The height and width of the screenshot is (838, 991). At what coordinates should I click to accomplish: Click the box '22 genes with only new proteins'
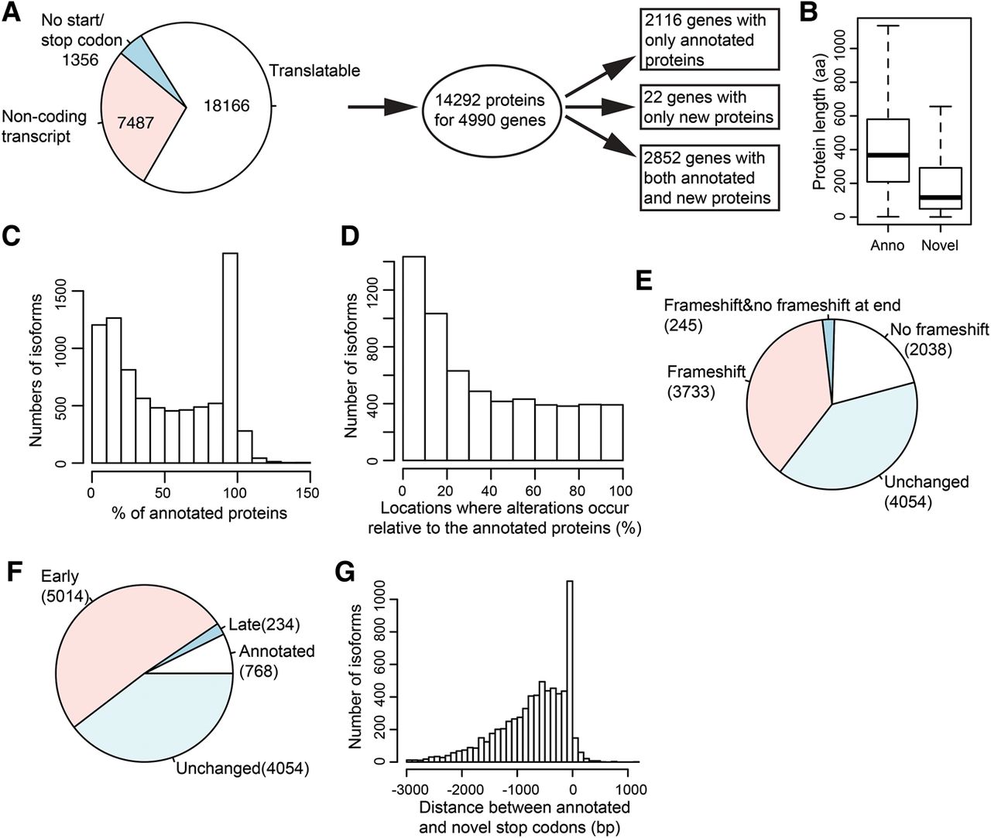tap(708, 108)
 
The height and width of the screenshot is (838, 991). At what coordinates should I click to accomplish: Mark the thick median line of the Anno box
tap(886, 156)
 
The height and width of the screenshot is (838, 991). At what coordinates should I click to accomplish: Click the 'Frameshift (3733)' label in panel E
tap(706, 381)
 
